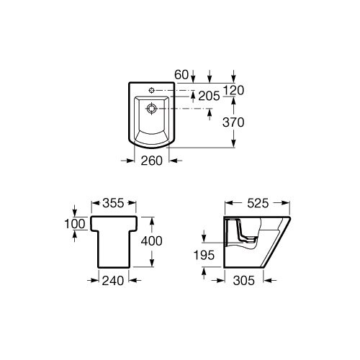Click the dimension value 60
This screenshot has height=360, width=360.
tap(181, 75)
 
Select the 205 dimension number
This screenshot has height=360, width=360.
tap(209, 96)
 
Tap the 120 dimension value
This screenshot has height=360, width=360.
tap(233, 90)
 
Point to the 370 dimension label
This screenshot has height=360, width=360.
tap(233, 122)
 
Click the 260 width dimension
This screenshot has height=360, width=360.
tap(152, 161)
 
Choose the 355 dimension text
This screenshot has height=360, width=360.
tap(113, 203)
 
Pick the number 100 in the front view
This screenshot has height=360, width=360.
tap(75, 224)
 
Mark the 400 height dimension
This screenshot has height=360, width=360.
tap(152, 240)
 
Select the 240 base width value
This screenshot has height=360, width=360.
tap(113, 281)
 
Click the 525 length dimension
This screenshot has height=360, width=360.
tap(258, 203)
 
